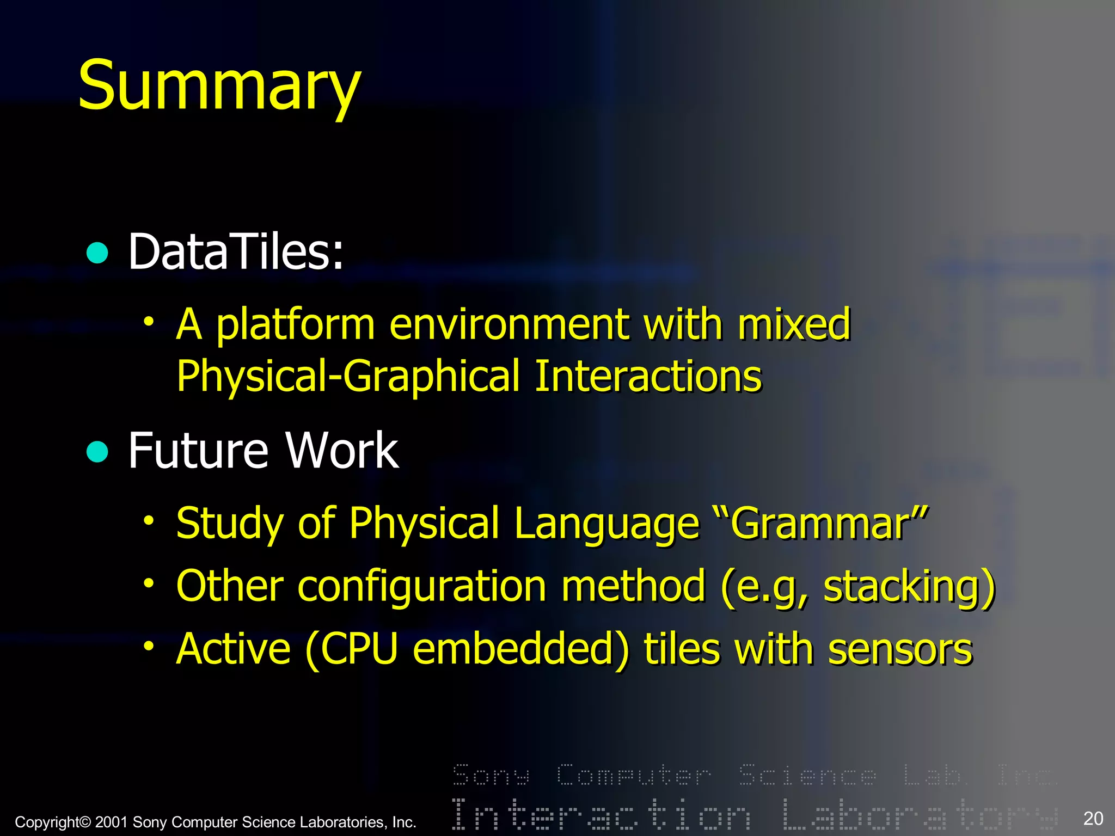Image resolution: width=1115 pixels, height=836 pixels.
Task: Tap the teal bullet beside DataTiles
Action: (97, 253)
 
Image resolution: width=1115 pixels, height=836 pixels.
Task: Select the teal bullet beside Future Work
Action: (97, 451)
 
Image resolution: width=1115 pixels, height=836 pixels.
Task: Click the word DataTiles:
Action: (236, 251)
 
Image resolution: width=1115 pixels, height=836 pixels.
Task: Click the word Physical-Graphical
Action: (348, 377)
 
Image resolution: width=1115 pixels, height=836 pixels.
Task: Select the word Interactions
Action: (648, 377)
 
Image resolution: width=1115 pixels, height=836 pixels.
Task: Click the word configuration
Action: (422, 587)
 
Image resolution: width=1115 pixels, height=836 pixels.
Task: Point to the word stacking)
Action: (909, 587)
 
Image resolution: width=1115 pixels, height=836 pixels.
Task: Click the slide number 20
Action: (1093, 819)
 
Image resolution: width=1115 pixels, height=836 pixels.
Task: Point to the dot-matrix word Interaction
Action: (601, 814)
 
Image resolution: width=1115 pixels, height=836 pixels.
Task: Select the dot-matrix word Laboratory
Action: (920, 814)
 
